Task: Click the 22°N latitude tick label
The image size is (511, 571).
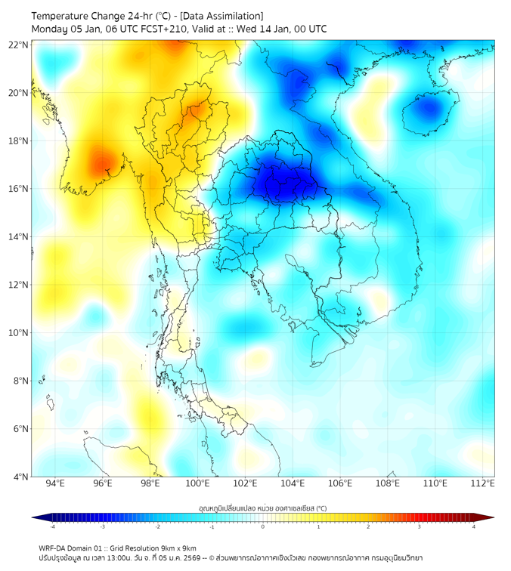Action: [19, 45]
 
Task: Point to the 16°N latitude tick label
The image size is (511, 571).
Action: [19, 189]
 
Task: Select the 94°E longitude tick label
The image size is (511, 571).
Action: [55, 483]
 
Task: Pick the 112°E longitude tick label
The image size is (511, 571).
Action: [483, 483]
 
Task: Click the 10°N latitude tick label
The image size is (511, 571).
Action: [19, 333]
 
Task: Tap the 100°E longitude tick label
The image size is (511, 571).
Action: [197, 483]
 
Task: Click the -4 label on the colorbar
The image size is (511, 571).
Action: [51, 526]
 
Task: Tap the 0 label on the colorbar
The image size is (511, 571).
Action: [263, 526]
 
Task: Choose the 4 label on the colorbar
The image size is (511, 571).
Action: [474, 526]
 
